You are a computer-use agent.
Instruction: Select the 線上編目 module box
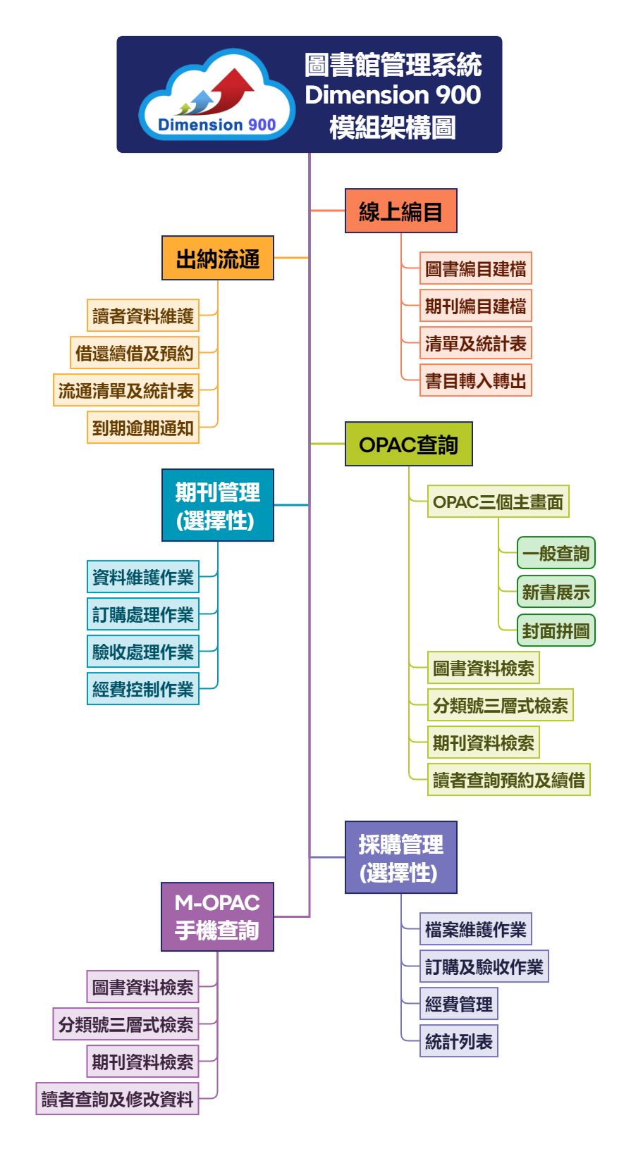click(x=400, y=211)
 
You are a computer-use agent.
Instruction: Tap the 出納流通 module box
click(x=217, y=259)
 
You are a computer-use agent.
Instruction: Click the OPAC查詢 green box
click(x=408, y=444)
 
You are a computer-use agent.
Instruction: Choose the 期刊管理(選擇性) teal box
click(x=217, y=505)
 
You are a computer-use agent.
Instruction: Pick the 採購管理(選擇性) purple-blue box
click(x=400, y=857)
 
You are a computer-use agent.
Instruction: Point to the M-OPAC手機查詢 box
click(x=217, y=916)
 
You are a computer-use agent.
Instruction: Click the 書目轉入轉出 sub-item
click(x=475, y=381)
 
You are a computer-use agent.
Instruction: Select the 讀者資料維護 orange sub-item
click(x=143, y=316)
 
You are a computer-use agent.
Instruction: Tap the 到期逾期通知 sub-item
click(x=143, y=428)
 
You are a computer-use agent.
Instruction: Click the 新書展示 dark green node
click(x=556, y=592)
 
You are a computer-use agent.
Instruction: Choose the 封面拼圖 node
click(x=556, y=630)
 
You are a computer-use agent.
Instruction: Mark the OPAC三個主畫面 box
click(x=498, y=502)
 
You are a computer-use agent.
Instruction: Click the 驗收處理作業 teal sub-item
click(x=143, y=652)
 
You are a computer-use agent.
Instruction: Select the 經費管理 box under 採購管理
click(x=458, y=1004)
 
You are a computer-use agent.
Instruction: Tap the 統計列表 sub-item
click(x=458, y=1041)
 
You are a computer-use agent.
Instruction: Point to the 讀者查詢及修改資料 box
click(x=117, y=1099)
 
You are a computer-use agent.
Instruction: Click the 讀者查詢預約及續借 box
click(x=508, y=780)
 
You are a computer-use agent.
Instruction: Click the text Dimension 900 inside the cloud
click(x=216, y=125)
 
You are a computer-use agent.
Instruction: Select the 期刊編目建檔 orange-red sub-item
click(x=475, y=306)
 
